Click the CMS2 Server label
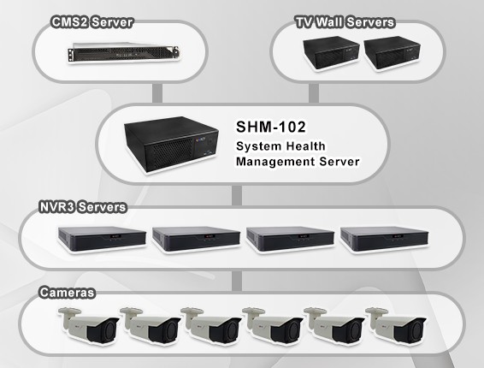pos(92,22)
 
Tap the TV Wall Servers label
pos(345,22)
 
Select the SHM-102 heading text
pos(271,127)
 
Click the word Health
pos(306,146)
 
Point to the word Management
pos(275,161)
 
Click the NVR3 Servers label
pos(83,207)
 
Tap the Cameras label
pos(67,293)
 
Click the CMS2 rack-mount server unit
pos(123,52)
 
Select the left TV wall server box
pos(331,53)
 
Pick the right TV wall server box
pos(392,53)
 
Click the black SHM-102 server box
pos(172,145)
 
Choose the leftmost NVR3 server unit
pos(102,239)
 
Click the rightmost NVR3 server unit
pos(384,239)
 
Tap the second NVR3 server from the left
pos(197,239)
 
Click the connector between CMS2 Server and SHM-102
pos(157,93)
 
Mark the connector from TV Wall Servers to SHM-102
pos(314,93)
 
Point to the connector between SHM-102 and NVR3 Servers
pos(237,196)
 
